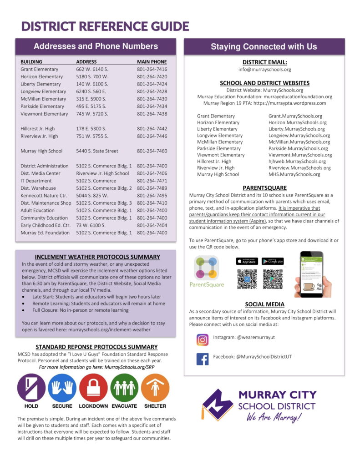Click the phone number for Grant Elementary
152,69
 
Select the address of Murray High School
97,151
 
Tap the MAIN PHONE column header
152,62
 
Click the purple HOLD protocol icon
31,387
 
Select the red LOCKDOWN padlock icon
93,387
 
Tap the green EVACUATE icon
124,387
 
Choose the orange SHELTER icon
155,387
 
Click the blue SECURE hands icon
62,387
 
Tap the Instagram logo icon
203,339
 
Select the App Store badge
247,261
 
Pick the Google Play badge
273,261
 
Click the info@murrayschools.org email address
264,70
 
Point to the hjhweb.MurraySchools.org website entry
297,162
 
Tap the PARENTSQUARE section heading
264,187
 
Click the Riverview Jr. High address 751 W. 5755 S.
92,136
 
